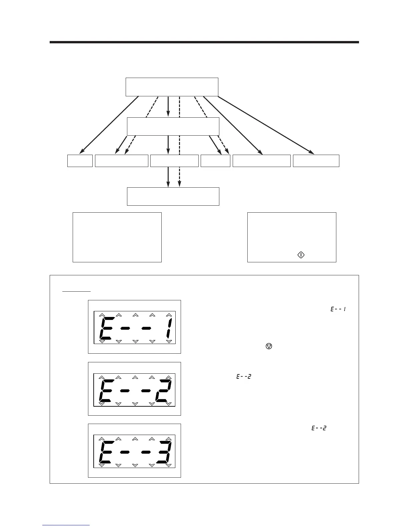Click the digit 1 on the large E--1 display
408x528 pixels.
tap(169, 328)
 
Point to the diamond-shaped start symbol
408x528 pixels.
tap(301, 255)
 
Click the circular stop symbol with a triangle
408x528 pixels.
tap(269, 346)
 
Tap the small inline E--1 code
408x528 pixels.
tap(338, 309)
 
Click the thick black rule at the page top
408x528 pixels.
tap(204, 42)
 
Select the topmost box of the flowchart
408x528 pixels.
tap(172, 87)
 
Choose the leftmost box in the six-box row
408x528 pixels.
tap(80, 161)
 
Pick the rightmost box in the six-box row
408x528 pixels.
tap(316, 161)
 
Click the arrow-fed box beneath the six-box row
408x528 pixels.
tap(173, 196)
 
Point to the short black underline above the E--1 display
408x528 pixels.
tap(76, 291)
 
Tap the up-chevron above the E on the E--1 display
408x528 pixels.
tap(102, 315)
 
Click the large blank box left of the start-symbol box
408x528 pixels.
tap(117, 237)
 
